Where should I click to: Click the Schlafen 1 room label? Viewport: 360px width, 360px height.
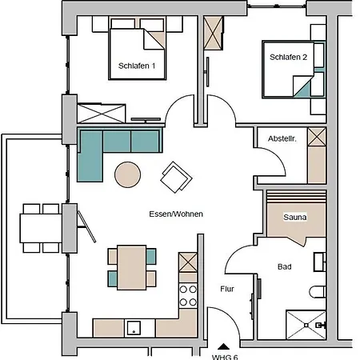[137, 66]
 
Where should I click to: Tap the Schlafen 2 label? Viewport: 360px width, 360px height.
[288, 57]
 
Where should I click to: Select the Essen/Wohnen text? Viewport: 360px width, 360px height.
[176, 214]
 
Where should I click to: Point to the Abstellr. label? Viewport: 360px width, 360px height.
[282, 138]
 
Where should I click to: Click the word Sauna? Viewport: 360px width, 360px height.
[295, 217]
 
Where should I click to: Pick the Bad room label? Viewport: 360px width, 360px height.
[285, 266]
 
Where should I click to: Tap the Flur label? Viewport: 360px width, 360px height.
[227, 289]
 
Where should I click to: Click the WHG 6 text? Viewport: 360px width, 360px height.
[225, 357]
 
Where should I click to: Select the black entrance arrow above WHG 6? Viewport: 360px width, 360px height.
[223, 346]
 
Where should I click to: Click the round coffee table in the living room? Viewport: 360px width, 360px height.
[128, 174]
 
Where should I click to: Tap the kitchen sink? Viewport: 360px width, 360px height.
[134, 328]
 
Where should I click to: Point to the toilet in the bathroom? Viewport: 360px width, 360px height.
[318, 291]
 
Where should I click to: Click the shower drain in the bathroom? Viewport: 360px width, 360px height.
[306, 325]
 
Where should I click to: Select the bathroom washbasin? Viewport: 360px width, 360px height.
[319, 262]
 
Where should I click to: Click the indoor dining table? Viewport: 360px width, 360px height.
[132, 267]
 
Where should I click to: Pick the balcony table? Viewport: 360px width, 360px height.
[41, 228]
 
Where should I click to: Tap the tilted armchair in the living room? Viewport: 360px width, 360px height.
[176, 177]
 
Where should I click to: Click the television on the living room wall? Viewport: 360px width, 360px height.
[146, 120]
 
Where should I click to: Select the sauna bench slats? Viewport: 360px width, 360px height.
[296, 197]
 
